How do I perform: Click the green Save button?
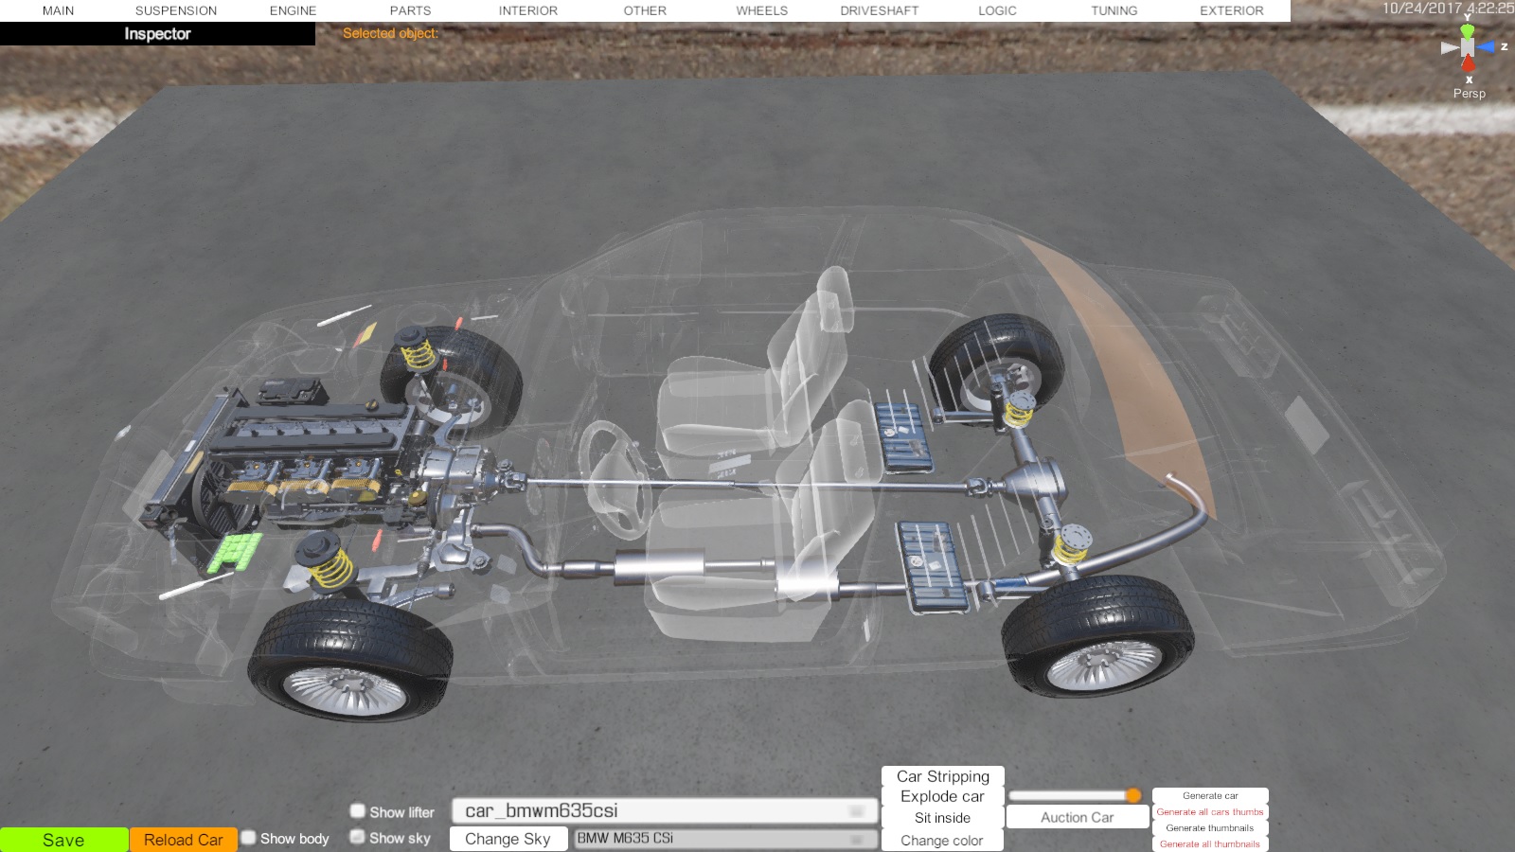[x=63, y=840]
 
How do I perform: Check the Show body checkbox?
[x=249, y=838]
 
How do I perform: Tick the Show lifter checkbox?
[x=357, y=810]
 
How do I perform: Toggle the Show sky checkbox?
[x=357, y=837]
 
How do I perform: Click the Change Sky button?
[x=508, y=839]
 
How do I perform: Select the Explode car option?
[x=942, y=796]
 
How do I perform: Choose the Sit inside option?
[x=942, y=818]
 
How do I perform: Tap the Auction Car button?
[x=1078, y=818]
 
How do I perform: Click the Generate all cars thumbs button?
[x=1210, y=812]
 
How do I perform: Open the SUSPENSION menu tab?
[x=176, y=10]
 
